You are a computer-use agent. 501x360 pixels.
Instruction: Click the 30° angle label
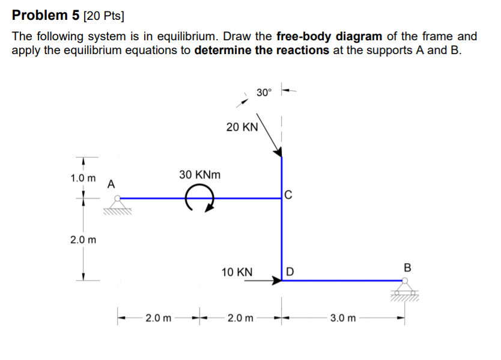coord(264,93)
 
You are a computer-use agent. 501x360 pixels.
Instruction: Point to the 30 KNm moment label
coord(199,175)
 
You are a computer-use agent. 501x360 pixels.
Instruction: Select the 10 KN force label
coord(237,272)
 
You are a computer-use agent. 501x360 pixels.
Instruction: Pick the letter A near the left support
coord(111,183)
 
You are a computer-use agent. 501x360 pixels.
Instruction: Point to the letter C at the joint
coord(288,194)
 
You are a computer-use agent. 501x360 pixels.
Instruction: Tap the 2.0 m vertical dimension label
coord(83,240)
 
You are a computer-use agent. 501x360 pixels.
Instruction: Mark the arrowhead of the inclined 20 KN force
coord(278,154)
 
